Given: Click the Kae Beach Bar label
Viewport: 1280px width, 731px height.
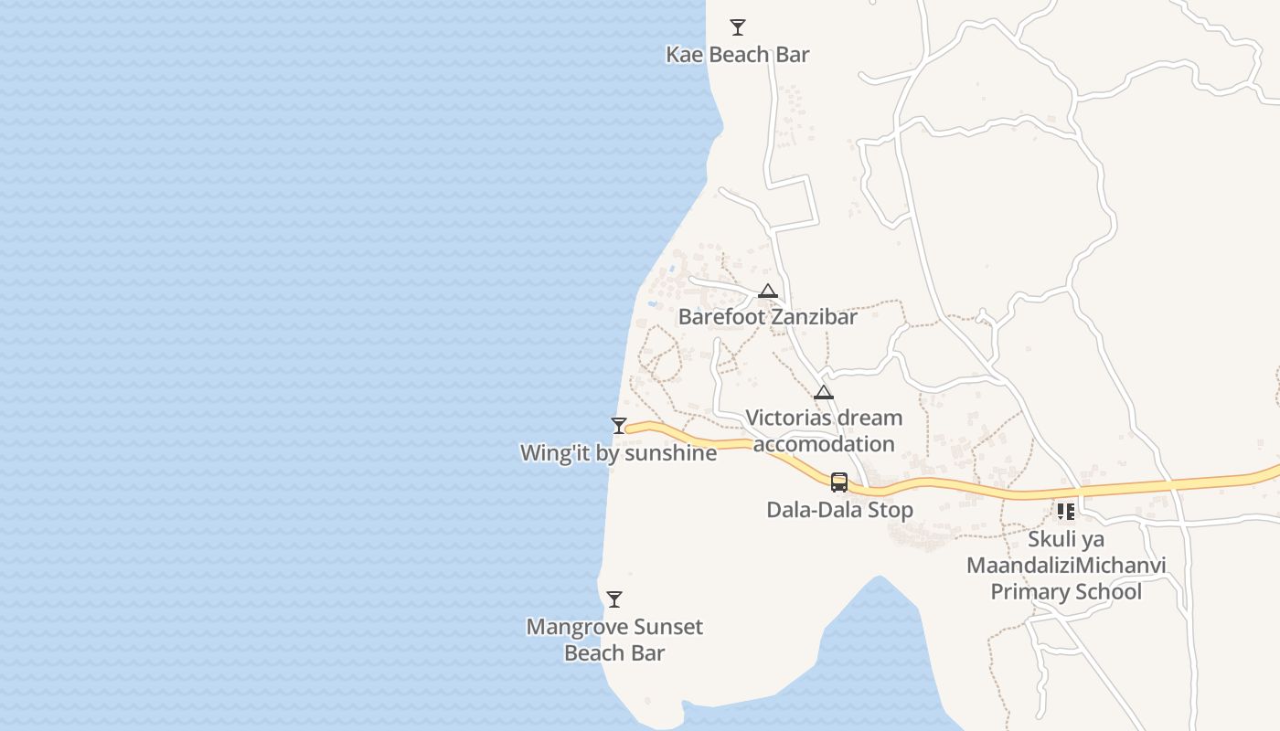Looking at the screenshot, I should pos(737,55).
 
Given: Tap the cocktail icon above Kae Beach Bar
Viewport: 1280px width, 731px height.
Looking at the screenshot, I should pos(737,27).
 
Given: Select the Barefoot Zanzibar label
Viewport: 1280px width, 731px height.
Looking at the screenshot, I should pos(767,317).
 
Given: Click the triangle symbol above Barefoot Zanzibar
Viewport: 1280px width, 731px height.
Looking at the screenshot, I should pos(767,291).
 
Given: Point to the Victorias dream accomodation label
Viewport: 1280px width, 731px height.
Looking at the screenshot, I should pos(824,430).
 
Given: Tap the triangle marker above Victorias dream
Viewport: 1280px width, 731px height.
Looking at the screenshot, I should pos(824,393).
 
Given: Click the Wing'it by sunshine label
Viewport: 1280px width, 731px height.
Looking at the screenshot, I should pos(618,452).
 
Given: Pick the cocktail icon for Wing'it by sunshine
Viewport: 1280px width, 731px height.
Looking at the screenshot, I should pos(619,426).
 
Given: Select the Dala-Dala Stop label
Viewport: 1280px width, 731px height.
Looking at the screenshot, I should pos(839,510).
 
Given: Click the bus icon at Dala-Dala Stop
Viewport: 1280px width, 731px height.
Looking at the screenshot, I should pos(839,482).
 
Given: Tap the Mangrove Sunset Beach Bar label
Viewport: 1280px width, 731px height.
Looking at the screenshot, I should pos(614,640).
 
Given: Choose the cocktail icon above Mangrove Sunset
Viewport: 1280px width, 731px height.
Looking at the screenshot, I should pos(614,599).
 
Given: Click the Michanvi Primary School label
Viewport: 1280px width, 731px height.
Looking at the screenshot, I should pos(1066,566).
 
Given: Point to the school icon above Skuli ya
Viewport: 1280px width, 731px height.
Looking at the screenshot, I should pos(1066,512).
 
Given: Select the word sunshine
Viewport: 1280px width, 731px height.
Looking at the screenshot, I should pos(672,452).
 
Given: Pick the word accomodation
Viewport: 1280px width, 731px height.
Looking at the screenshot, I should pos(824,444).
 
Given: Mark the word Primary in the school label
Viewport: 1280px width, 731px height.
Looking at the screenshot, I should pos(1032,591).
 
